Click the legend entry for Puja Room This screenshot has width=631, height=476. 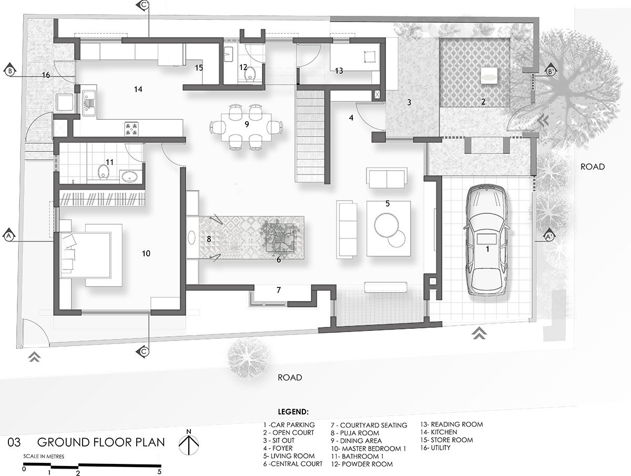pos(355,432)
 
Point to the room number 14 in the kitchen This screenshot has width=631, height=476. pos(138,90)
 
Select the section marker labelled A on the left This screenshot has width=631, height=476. pos(9,236)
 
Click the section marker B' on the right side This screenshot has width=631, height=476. pos(551,72)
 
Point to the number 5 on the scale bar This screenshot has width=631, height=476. pos(159,471)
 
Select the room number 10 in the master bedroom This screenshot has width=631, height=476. pos(146,253)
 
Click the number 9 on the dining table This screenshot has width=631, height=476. pos(246,125)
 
